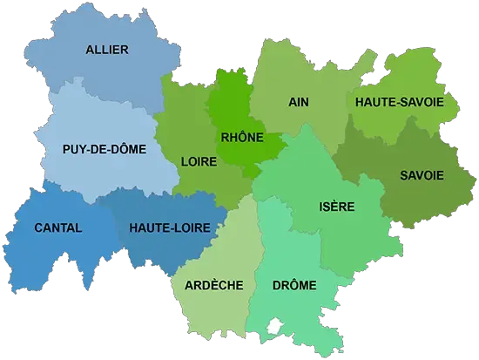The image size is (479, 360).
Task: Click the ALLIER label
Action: point(107,50)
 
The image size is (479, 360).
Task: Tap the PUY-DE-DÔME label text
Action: point(105,149)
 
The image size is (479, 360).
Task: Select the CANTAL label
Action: point(57,228)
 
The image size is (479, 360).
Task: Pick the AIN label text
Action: point(299,101)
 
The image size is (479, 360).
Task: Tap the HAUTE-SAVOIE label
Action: point(400,102)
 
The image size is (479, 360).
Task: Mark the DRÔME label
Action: point(293,285)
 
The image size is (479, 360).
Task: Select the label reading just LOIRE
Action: point(199,161)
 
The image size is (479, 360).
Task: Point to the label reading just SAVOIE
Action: point(422,175)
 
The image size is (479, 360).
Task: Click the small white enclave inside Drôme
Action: point(275,324)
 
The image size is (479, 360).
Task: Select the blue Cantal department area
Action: point(52,253)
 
